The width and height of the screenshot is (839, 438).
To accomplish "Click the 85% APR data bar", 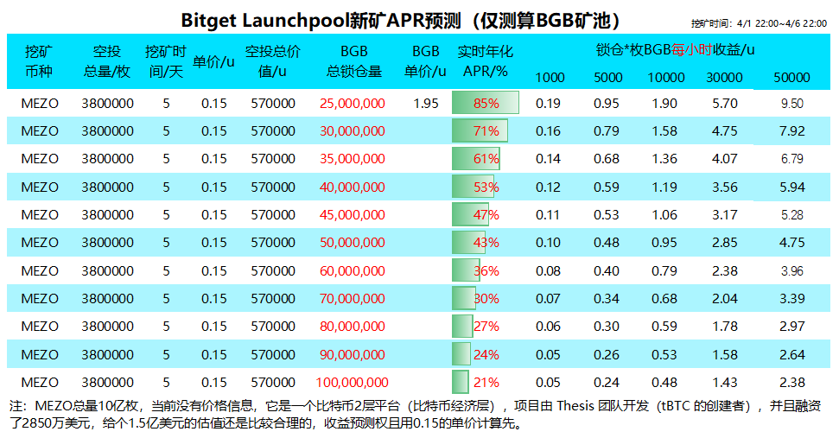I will coord(485,103).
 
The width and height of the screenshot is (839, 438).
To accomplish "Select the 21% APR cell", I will coord(486,382).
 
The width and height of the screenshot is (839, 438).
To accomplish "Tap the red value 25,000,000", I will coord(352,103).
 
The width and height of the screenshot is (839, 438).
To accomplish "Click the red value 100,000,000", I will coord(352,382).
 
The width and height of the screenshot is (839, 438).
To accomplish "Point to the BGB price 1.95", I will coord(426,103).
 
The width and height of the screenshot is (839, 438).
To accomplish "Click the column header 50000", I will coord(791,77).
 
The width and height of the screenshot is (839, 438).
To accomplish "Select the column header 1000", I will coord(550,77).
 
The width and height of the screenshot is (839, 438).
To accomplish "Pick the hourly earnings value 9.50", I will coord(791,103).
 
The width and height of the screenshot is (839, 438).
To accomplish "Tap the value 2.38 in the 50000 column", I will coord(791,382).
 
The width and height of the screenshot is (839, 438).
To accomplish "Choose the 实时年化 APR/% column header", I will coord(485,60).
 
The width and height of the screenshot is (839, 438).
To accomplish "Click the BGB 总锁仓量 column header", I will coord(353,60).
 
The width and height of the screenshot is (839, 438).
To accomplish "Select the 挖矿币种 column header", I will coord(40,60).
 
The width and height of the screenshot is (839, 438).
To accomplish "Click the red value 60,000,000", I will coord(352,270).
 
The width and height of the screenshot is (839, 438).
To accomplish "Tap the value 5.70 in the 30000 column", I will coord(723,103).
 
